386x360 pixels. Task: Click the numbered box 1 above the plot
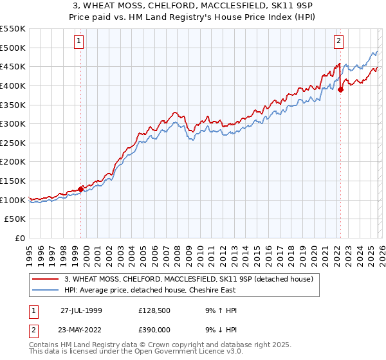pyautogui.click(x=79, y=40)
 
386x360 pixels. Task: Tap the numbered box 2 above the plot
pyautogui.click(x=338, y=40)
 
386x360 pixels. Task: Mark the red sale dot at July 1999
pyautogui.click(x=81, y=189)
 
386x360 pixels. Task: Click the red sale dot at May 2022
pyautogui.click(x=340, y=89)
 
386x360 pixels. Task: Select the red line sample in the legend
pyautogui.click(x=46, y=279)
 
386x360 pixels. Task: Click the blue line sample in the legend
pyautogui.click(x=46, y=290)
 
